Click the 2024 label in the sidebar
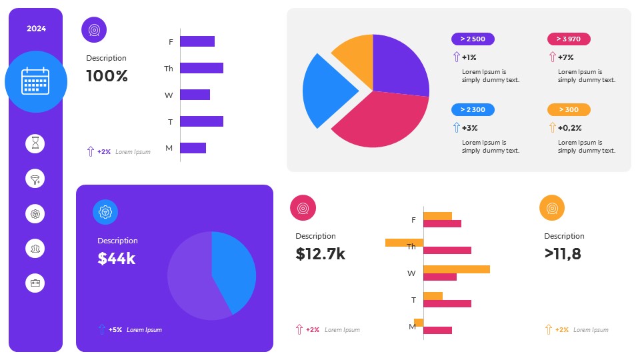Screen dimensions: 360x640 pyautogui.click(x=36, y=29)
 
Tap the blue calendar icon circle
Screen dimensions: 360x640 pyautogui.click(x=36, y=81)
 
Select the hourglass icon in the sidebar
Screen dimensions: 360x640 pyautogui.click(x=35, y=143)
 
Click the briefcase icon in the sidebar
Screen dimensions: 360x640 pyautogui.click(x=35, y=283)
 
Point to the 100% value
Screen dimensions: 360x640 pyautogui.click(x=107, y=76)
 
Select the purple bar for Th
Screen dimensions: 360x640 pyautogui.click(x=201, y=68)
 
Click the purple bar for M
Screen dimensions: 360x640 pyautogui.click(x=193, y=148)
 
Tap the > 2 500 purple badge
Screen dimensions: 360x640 pyautogui.click(x=473, y=39)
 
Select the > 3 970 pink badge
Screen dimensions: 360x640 pyautogui.click(x=569, y=39)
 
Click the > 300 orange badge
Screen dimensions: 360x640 pyautogui.click(x=569, y=109)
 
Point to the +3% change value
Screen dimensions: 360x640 pyautogui.click(x=469, y=127)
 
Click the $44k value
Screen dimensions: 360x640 pyautogui.click(x=117, y=259)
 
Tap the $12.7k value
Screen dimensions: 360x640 pyautogui.click(x=321, y=253)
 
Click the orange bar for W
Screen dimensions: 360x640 pyautogui.click(x=457, y=269)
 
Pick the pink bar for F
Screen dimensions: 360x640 pyautogui.click(x=442, y=223)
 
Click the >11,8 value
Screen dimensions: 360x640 pyautogui.click(x=563, y=253)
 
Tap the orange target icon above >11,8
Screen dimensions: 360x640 pyautogui.click(x=552, y=208)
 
